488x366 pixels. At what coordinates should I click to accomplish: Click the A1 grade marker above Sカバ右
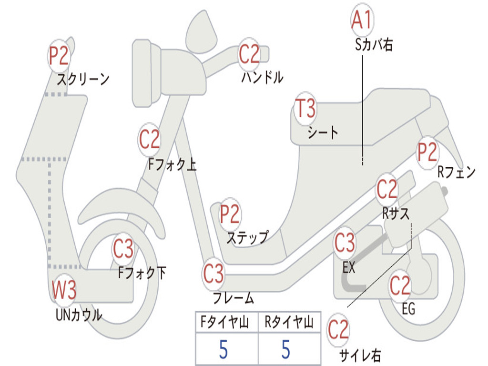pyautogui.click(x=362, y=20)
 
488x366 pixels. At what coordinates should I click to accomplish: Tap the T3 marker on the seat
pyautogui.click(x=305, y=109)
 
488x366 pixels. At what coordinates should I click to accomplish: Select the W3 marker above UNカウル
pyautogui.click(x=64, y=290)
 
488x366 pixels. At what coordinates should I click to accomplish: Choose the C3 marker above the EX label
pyautogui.click(x=345, y=243)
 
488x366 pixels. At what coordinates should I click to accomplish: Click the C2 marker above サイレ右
pyautogui.click(x=338, y=330)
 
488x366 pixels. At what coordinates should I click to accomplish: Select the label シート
pyautogui.click(x=323, y=132)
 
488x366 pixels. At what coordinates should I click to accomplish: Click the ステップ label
pyautogui.click(x=248, y=238)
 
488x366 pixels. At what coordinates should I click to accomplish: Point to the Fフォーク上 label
pyautogui.click(x=172, y=164)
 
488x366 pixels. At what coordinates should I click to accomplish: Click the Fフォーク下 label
pyautogui.click(x=142, y=273)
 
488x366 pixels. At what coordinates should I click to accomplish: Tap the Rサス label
pyautogui.click(x=396, y=213)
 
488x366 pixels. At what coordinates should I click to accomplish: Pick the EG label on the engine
pyautogui.click(x=408, y=309)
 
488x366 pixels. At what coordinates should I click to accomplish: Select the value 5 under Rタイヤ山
pyautogui.click(x=286, y=349)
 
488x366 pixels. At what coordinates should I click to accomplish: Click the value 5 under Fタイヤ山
pyautogui.click(x=224, y=349)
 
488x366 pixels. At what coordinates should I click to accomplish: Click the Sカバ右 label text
pyautogui.click(x=374, y=45)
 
